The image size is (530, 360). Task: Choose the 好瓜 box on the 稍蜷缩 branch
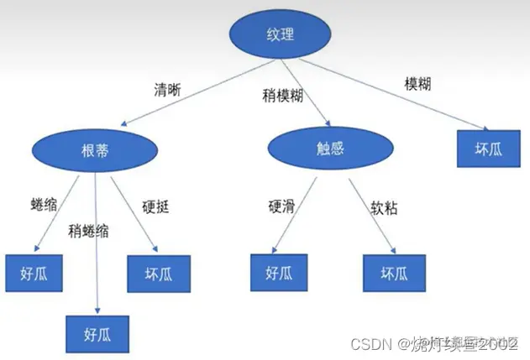point(99,332)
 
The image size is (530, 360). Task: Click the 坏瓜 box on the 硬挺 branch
point(158,272)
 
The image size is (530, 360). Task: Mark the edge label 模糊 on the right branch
point(422,85)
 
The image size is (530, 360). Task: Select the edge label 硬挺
point(155,205)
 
